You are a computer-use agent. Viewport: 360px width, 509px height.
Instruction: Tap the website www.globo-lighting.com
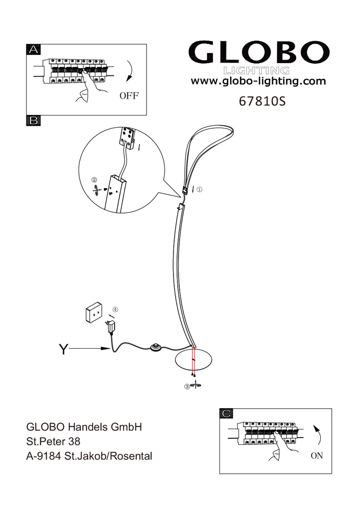[x=258, y=81]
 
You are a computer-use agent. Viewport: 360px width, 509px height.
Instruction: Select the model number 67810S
[x=262, y=102]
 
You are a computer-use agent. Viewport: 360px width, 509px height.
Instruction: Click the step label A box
[x=34, y=49]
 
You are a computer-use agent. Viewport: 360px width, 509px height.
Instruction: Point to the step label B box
[x=34, y=121]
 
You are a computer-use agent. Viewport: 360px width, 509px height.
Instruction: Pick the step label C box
[x=226, y=413]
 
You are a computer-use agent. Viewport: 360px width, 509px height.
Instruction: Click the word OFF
[x=129, y=96]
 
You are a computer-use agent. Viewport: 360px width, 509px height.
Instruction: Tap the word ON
[x=317, y=456]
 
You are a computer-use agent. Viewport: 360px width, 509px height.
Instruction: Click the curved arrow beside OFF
[x=131, y=70]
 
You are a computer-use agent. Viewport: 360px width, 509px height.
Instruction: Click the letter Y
[x=64, y=349]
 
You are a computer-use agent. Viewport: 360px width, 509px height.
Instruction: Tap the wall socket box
[x=94, y=313]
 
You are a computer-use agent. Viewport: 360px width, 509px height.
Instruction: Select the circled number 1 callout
[x=199, y=189]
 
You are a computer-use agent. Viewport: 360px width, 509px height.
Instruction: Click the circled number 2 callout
[x=94, y=180]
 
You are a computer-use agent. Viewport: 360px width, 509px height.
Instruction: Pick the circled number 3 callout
[x=187, y=386]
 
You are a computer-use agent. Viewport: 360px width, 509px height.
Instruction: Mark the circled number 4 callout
[x=115, y=309]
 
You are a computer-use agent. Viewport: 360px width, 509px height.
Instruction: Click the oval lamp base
[x=193, y=360]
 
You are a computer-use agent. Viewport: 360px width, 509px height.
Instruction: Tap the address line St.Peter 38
[x=53, y=441]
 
